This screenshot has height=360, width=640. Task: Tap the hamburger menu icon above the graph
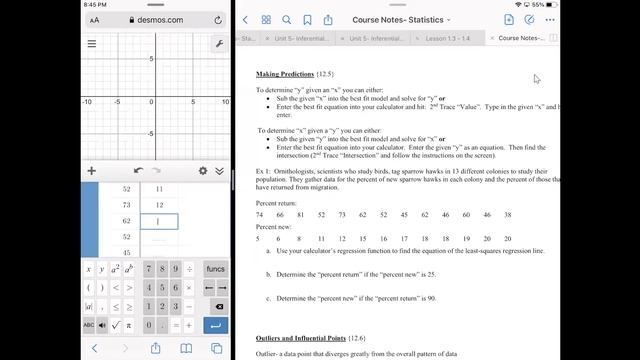(x=92, y=44)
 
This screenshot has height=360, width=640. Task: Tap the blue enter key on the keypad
(x=215, y=325)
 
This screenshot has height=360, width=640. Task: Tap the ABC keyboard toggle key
(x=88, y=325)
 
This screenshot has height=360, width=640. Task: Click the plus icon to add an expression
(x=92, y=171)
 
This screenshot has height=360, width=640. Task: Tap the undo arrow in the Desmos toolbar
(x=139, y=171)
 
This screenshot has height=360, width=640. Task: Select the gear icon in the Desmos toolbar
(x=203, y=171)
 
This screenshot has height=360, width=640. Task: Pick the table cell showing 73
(x=126, y=204)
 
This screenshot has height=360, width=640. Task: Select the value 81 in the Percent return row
(x=301, y=214)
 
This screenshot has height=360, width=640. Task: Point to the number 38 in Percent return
(x=508, y=214)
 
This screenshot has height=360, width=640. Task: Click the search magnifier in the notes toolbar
(x=287, y=19)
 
